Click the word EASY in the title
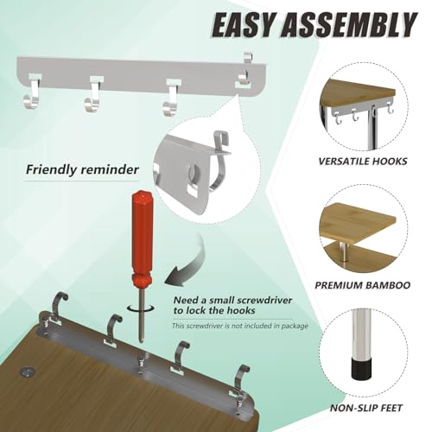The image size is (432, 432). pyautogui.click(x=244, y=25)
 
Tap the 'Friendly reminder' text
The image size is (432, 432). pyautogui.click(x=82, y=169)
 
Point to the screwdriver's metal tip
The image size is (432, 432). pyautogui.click(x=141, y=340)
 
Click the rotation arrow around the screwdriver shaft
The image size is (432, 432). pyautogui.click(x=141, y=308)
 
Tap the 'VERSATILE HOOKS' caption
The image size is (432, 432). pyautogui.click(x=363, y=161)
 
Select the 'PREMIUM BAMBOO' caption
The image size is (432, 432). pyautogui.click(x=362, y=285)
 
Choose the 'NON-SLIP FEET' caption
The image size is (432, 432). pyautogui.click(x=365, y=408)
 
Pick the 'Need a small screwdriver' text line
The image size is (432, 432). pyautogui.click(x=232, y=301)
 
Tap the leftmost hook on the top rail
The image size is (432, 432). pyautogui.click(x=31, y=92)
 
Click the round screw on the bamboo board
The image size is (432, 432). pyautogui.click(x=27, y=372)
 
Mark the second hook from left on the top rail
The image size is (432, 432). pyautogui.click(x=93, y=94)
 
